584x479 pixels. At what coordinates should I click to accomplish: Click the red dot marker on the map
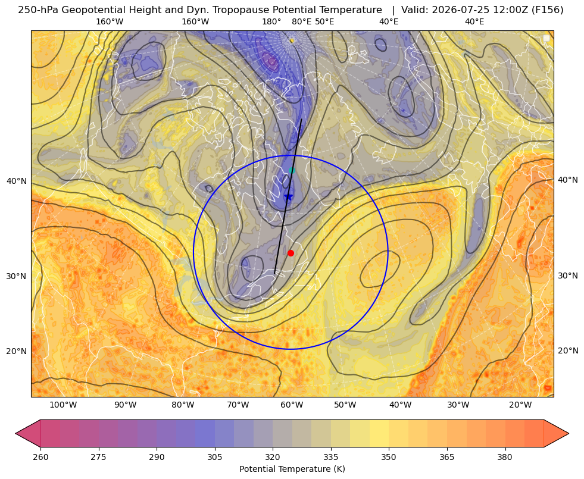[291, 253]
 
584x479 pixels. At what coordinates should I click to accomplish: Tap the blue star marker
[288, 197]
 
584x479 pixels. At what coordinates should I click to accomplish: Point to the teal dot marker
[292, 170]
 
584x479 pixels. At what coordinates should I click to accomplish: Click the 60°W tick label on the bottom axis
[292, 405]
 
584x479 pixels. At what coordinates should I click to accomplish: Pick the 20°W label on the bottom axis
[520, 405]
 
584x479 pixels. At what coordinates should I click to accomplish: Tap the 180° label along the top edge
[271, 21]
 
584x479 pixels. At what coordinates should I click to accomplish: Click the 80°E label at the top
[302, 21]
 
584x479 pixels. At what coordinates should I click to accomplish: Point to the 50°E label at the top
[324, 21]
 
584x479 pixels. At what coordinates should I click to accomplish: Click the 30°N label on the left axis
[17, 276]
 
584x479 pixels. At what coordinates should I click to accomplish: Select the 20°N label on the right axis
[568, 350]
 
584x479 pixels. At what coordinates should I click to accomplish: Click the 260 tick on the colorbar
[40, 457]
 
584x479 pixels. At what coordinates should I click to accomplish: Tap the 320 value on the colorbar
[273, 457]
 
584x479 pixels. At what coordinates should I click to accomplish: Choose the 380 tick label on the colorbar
[505, 457]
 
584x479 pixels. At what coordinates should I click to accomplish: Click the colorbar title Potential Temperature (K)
[292, 469]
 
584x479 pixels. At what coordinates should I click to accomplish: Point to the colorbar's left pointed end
[16, 433]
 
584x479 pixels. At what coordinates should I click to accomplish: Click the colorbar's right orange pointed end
[568, 433]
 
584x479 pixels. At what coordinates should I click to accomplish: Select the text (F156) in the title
[548, 10]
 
